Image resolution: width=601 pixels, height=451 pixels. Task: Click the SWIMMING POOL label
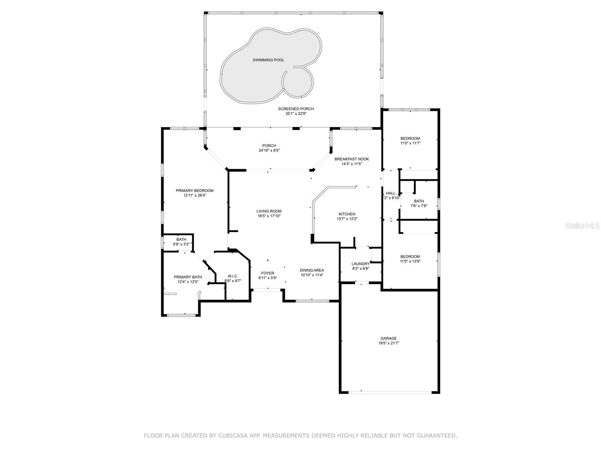click(x=268, y=60)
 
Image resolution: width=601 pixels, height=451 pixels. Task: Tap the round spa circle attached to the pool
click(x=298, y=82)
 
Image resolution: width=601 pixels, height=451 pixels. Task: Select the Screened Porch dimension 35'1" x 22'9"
click(x=296, y=114)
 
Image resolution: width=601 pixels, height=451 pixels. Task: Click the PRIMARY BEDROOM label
click(x=195, y=191)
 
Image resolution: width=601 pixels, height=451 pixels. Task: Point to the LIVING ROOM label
click(x=269, y=211)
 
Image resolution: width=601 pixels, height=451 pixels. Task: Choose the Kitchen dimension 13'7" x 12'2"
click(x=347, y=219)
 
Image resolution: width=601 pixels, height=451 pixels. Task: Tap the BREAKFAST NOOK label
click(x=352, y=159)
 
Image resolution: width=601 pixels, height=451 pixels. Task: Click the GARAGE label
click(x=388, y=338)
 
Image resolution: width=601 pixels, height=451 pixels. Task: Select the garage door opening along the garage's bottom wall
click(x=390, y=392)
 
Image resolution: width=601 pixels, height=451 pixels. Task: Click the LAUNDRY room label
click(x=360, y=264)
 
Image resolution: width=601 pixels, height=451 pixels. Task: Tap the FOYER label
click(x=267, y=273)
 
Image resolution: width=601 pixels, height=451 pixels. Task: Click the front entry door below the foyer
click(x=267, y=290)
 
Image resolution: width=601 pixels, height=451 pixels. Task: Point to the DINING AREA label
click(x=312, y=270)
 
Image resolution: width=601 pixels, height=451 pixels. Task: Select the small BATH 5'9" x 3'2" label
click(x=181, y=239)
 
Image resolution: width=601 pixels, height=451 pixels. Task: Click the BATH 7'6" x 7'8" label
click(x=418, y=201)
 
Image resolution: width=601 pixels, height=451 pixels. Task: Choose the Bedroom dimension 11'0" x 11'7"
click(x=410, y=143)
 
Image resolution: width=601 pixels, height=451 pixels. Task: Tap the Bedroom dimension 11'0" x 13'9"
click(x=410, y=261)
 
